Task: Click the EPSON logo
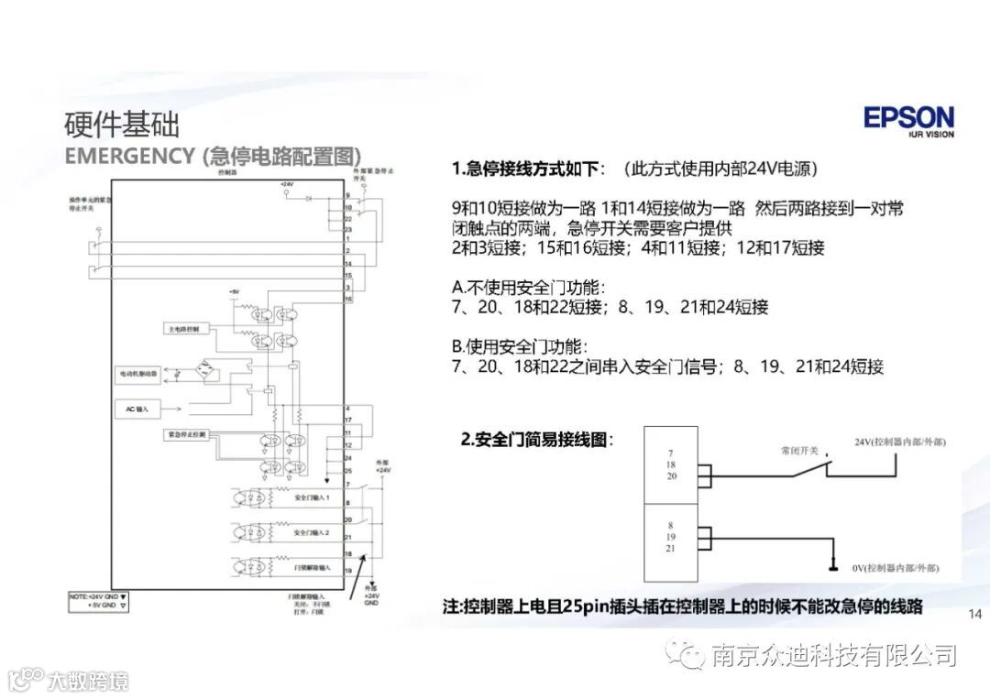(907, 119)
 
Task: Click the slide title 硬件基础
(122, 124)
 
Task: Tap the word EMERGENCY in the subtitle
(128, 155)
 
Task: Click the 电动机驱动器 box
(138, 374)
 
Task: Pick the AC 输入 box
(137, 408)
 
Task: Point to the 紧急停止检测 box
(186, 433)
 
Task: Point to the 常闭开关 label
(796, 451)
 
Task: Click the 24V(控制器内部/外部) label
(899, 442)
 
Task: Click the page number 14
(974, 613)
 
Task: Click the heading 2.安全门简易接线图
(535, 440)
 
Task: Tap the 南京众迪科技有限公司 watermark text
(833, 655)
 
